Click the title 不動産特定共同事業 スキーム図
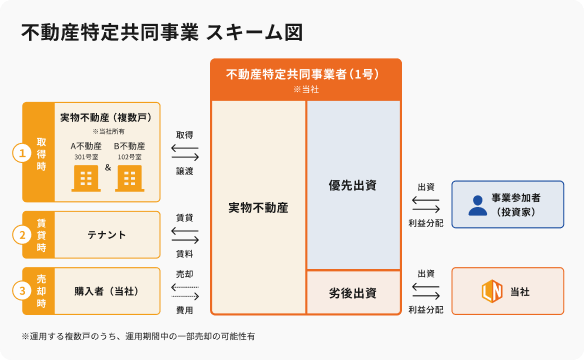point(162,32)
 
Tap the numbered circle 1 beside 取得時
point(22,153)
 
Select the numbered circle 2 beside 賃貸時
point(22,235)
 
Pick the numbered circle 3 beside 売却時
point(22,291)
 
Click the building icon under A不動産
point(86,178)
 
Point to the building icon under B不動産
point(129,178)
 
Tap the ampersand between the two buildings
point(108,168)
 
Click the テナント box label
point(107,235)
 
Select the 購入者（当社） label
point(107,291)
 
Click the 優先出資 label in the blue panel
point(353,185)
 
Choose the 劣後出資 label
point(353,293)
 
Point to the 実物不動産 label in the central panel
point(258,208)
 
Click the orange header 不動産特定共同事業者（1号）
point(303,74)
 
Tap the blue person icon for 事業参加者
point(478,205)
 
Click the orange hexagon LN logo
point(492,291)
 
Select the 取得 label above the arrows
point(185,135)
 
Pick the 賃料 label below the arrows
point(185,254)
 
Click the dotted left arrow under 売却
point(185,287)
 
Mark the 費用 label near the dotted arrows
point(185,310)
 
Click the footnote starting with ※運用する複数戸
point(138,336)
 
